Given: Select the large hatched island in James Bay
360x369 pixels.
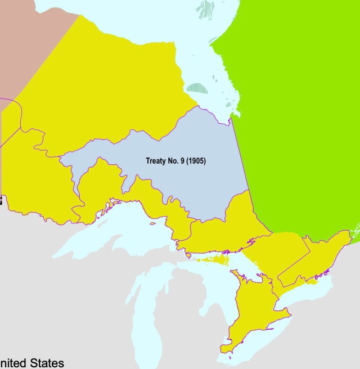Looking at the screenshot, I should [x=197, y=88].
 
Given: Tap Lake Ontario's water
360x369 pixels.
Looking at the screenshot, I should [x=307, y=292].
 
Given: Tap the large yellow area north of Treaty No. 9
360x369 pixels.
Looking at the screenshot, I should [x=112, y=84].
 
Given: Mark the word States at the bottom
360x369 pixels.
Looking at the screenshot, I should [x=47, y=363].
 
